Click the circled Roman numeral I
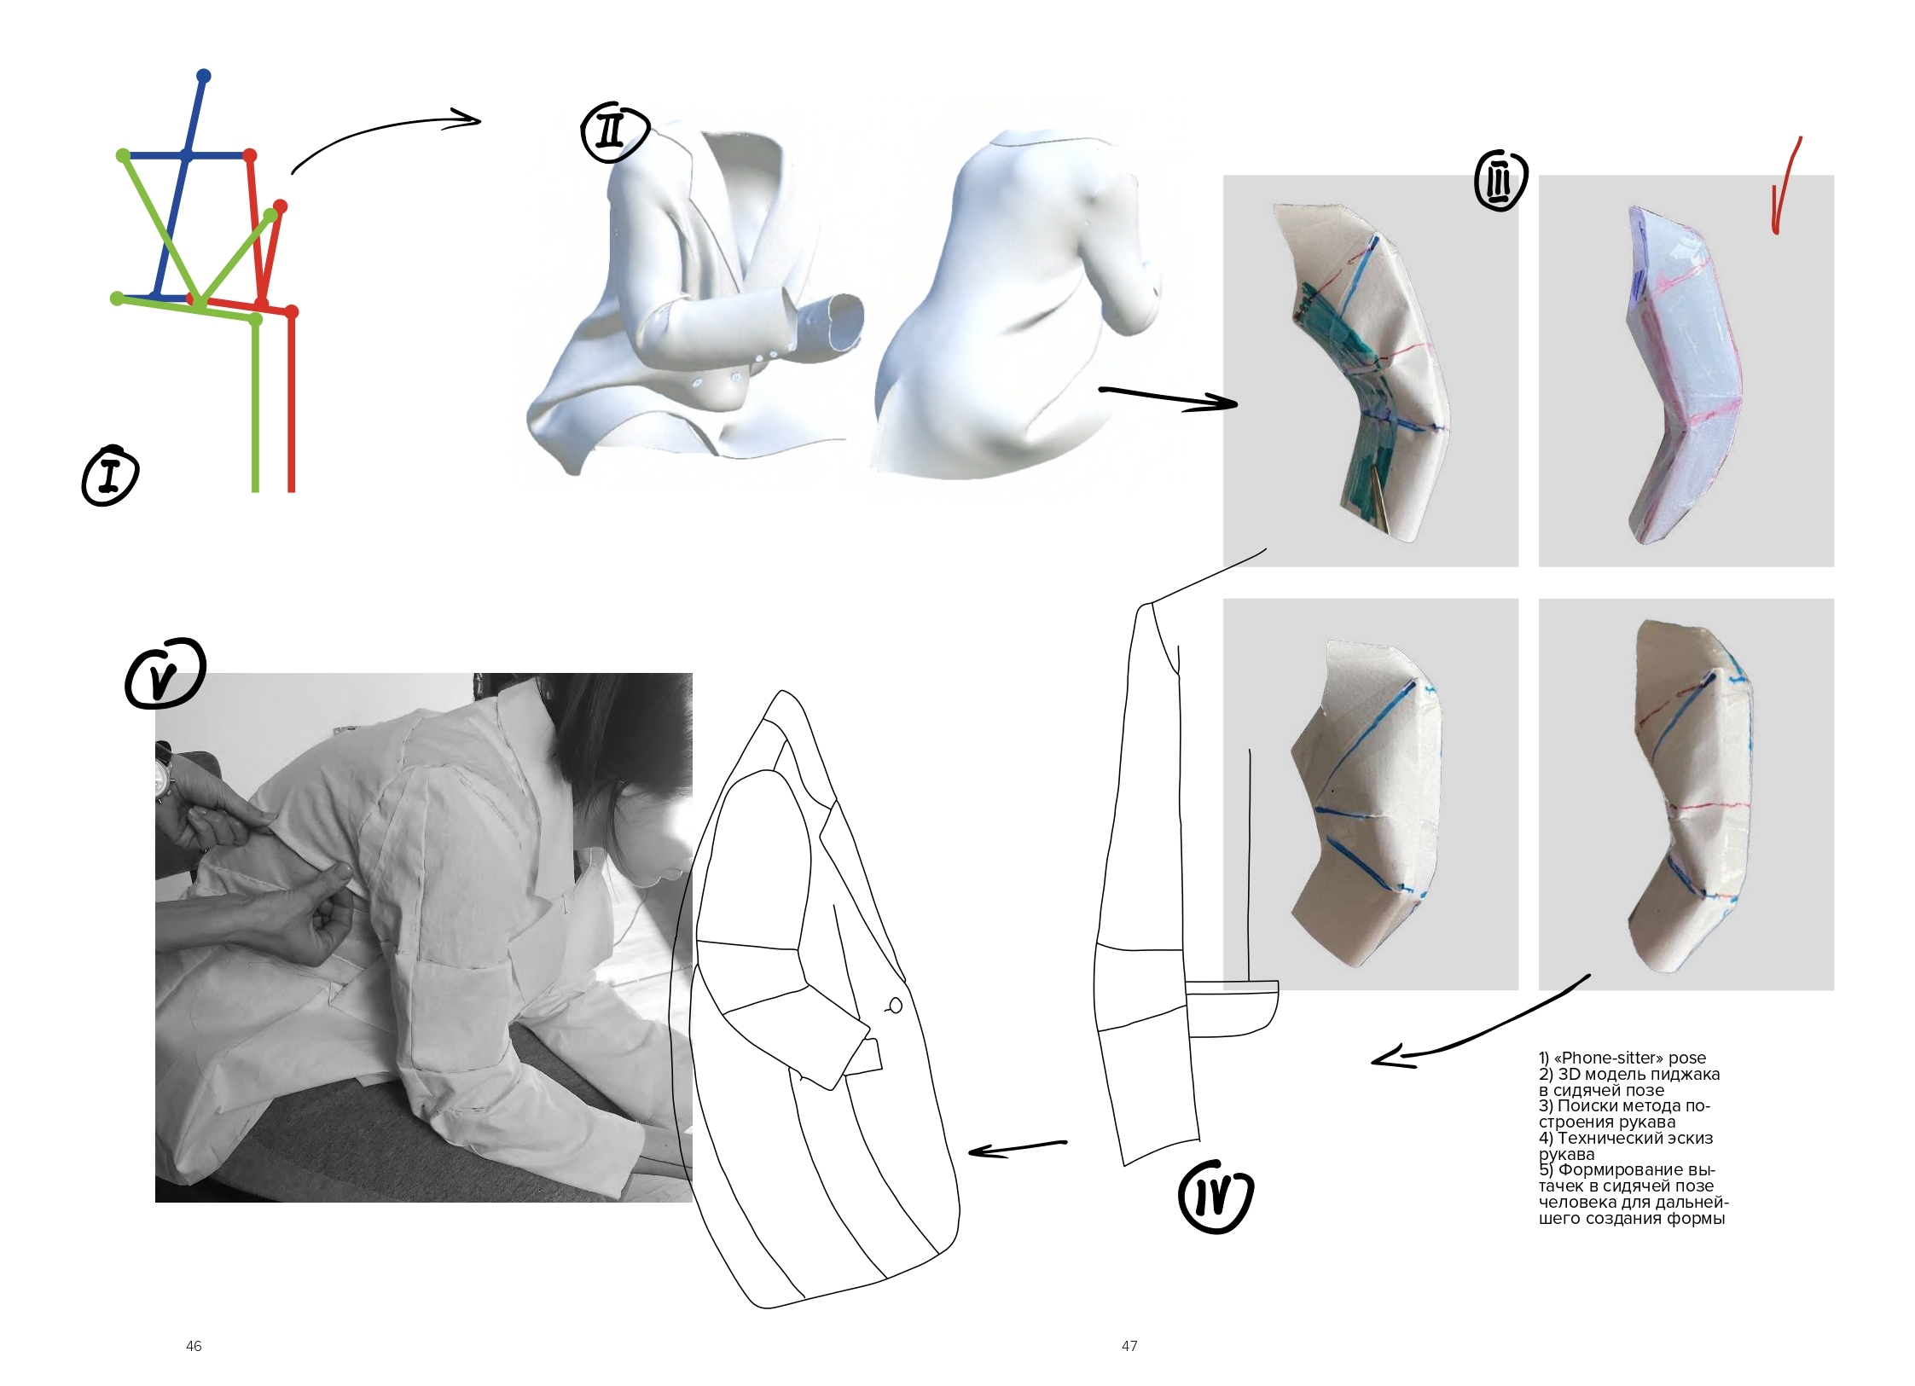[110, 476]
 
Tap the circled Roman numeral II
[614, 133]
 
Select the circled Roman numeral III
[1500, 181]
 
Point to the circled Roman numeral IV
[1216, 1196]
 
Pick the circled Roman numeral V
[165, 674]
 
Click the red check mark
[1784, 185]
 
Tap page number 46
[194, 1346]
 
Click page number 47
[1129, 1346]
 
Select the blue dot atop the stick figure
[203, 76]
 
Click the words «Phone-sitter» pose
[1630, 1058]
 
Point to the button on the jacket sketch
[895, 1006]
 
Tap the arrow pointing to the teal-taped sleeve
[1169, 398]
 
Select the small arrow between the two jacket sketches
[1018, 1149]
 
